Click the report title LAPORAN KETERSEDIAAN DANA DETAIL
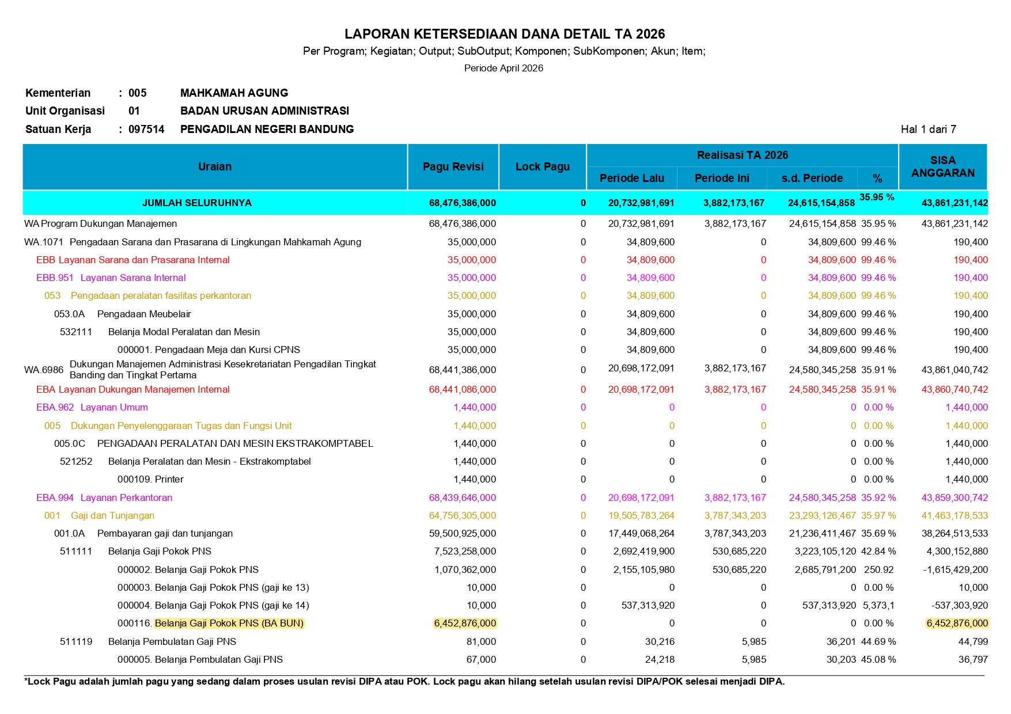(x=504, y=34)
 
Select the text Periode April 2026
(x=503, y=68)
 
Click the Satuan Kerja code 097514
(x=146, y=129)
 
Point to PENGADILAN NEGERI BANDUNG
(x=267, y=129)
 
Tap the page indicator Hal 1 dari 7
(x=928, y=129)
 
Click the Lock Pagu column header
(x=542, y=167)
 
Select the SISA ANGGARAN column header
(x=942, y=167)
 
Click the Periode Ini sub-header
(x=722, y=178)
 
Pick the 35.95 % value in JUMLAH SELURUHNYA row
(x=877, y=198)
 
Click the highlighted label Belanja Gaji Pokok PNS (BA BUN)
(x=229, y=623)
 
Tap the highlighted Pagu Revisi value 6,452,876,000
(x=465, y=623)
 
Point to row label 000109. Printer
(x=150, y=479)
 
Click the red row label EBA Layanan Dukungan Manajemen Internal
(x=132, y=389)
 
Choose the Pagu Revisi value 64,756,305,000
(x=462, y=515)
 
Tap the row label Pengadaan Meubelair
(x=144, y=314)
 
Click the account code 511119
(x=76, y=641)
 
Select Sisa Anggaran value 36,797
(x=973, y=659)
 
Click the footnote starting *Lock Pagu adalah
(x=404, y=682)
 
